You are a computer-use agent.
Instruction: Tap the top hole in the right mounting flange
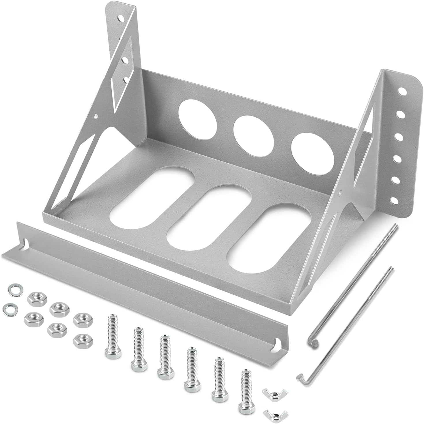(401, 92)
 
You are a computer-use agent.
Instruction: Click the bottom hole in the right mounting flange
(394, 200)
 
